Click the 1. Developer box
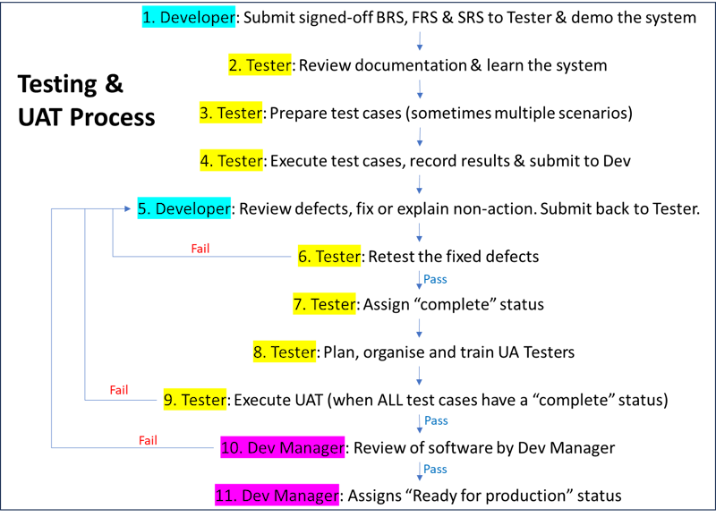[189, 17]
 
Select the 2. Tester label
[260, 65]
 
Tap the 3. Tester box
[231, 113]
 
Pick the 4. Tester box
[231, 161]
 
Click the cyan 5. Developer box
[184, 208]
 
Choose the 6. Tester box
[329, 257]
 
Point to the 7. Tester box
[324, 304]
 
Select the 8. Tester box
[285, 352]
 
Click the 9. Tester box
[195, 400]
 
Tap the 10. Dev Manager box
[283, 447]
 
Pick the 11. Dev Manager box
[277, 496]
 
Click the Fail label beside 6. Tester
[200, 248]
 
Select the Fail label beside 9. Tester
[119, 389]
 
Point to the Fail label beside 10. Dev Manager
[148, 440]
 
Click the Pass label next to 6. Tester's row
[435, 279]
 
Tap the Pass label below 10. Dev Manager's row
[435, 470]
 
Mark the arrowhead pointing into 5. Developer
[128, 209]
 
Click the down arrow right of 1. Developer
[419, 41]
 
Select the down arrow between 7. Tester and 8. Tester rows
[419, 328]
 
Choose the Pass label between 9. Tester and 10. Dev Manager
[436, 420]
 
